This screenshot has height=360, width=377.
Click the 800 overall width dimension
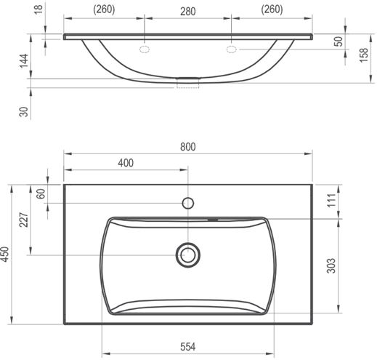pos(188,147)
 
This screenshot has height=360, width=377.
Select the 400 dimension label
pos(126,163)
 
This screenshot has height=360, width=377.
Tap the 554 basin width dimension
pos(188,347)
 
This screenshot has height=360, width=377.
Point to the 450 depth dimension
pos(5,254)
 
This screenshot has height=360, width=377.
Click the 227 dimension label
pos(24,220)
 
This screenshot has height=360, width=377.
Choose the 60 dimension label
pos(41,193)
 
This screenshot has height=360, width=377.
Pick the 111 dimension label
pos(332,200)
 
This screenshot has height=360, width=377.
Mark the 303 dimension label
pos(331,265)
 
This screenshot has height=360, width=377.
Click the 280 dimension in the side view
pos(188,12)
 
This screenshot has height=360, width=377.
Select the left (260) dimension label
pos(104,9)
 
